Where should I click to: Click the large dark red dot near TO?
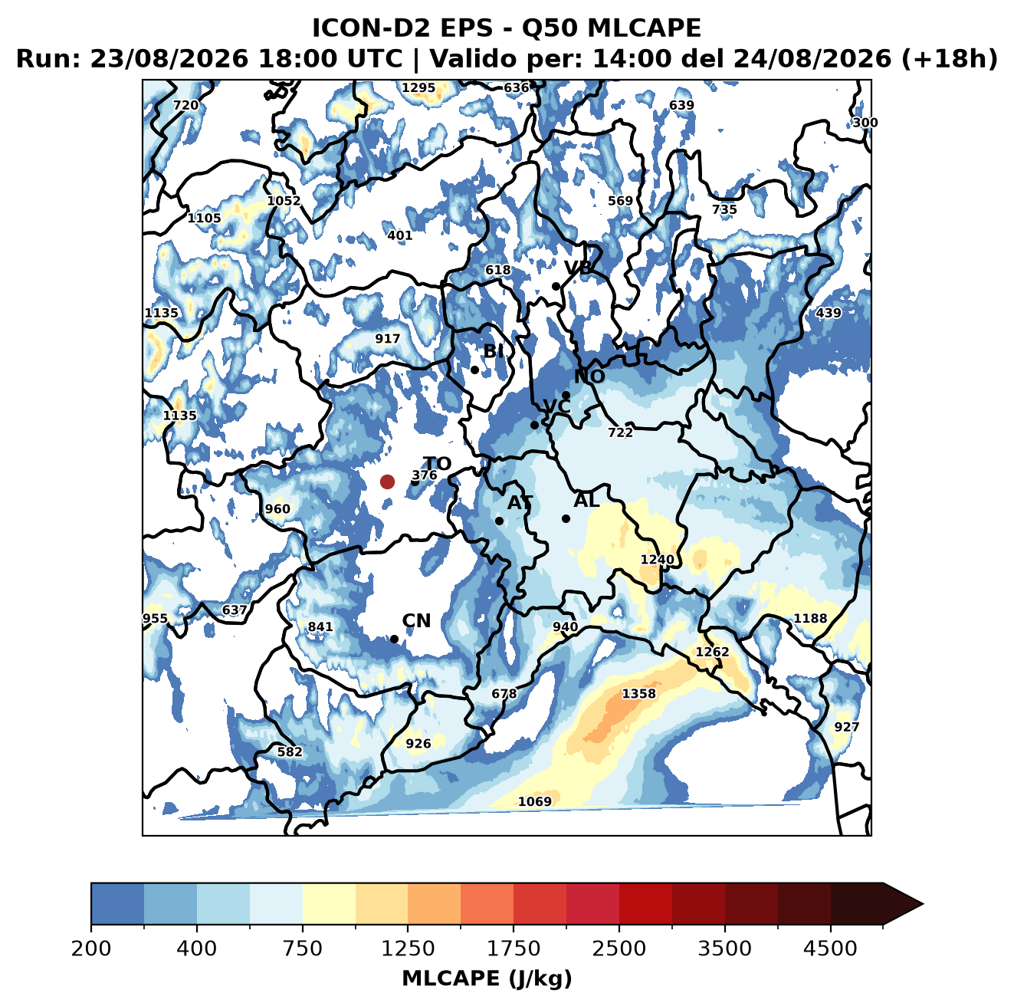click(387, 482)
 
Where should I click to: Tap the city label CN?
click(416, 621)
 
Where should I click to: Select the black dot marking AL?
click(566, 518)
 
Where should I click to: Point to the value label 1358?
click(638, 694)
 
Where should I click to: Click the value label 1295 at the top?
click(418, 87)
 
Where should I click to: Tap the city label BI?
click(493, 351)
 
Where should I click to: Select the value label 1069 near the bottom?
click(535, 802)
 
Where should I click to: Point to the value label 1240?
click(657, 560)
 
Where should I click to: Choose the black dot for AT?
click(499, 521)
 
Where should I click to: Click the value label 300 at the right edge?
click(865, 123)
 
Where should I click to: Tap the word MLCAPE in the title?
click(644, 28)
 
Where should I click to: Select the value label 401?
click(400, 235)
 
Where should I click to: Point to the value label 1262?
click(713, 652)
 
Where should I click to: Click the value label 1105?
click(204, 218)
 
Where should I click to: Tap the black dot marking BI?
click(474, 370)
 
